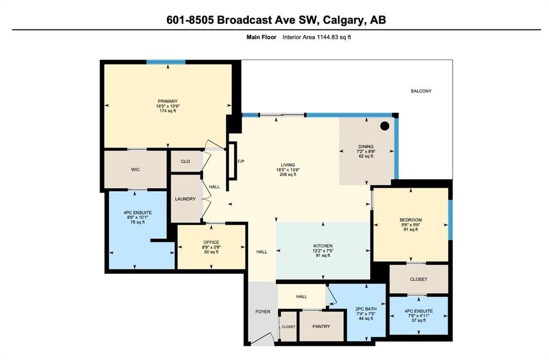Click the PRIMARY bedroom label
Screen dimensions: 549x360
(x=168, y=101)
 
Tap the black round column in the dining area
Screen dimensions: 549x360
(x=384, y=126)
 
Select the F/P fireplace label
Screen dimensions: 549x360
(x=241, y=161)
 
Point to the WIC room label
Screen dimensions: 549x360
(x=136, y=170)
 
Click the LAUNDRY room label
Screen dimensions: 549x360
(x=185, y=199)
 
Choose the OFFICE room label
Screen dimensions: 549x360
(x=211, y=242)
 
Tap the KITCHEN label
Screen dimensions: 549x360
(x=323, y=246)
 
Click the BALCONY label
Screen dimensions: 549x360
(x=421, y=91)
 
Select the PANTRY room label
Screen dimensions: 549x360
(x=321, y=326)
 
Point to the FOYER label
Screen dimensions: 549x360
(x=263, y=311)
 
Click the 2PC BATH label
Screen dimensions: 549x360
(x=366, y=309)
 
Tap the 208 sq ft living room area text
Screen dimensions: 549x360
(x=288, y=174)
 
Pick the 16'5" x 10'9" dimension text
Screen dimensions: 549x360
(x=168, y=106)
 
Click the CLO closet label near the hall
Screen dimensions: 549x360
(x=186, y=161)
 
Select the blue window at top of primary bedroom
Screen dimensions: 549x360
(x=166, y=62)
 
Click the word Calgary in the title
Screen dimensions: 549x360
(x=343, y=20)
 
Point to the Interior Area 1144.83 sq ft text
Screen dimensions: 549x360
(x=316, y=37)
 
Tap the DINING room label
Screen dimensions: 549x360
(x=366, y=146)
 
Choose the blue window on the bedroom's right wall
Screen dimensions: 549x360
(x=450, y=220)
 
